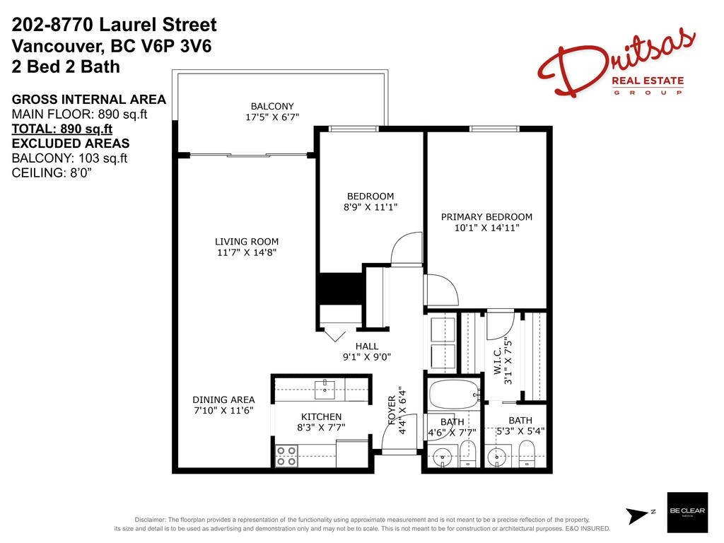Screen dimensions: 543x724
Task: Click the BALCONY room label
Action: pos(271,106)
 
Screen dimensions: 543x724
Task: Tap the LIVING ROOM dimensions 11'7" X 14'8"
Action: pos(247,252)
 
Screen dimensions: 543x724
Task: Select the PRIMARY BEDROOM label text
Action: pos(486,216)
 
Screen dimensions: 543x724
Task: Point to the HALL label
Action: pos(367,346)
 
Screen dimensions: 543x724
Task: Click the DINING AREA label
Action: pos(223,399)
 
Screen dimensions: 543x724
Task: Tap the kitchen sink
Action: pos(325,387)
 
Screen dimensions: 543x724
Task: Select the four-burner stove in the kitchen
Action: pos(286,456)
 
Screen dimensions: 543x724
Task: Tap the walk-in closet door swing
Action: pos(500,325)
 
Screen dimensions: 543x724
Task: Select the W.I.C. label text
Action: pos(498,361)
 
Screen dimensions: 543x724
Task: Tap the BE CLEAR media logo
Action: pos(687,513)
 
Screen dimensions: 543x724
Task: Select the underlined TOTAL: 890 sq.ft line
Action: pos(62,129)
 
